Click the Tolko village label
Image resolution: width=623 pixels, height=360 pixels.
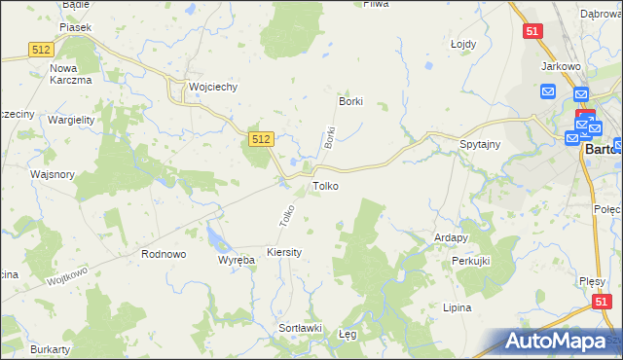[x=325, y=185]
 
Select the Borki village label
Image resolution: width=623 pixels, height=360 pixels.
[x=349, y=101]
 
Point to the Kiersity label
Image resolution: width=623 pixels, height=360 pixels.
[x=284, y=252]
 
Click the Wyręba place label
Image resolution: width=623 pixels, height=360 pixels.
[x=236, y=261]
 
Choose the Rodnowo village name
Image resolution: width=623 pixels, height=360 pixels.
[x=164, y=254]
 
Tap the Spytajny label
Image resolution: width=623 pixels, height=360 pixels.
[x=480, y=144]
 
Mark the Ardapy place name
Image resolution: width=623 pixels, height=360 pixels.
[x=452, y=237]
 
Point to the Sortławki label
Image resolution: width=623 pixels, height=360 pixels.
[x=300, y=328]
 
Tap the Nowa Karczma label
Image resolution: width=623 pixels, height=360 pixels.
[x=70, y=74]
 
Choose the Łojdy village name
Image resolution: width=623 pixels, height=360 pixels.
[x=462, y=45]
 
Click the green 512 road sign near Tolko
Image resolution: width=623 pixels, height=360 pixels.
[x=259, y=140]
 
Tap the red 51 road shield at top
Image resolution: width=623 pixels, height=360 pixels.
[x=531, y=31]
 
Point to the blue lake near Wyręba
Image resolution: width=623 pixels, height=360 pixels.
[x=215, y=235]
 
